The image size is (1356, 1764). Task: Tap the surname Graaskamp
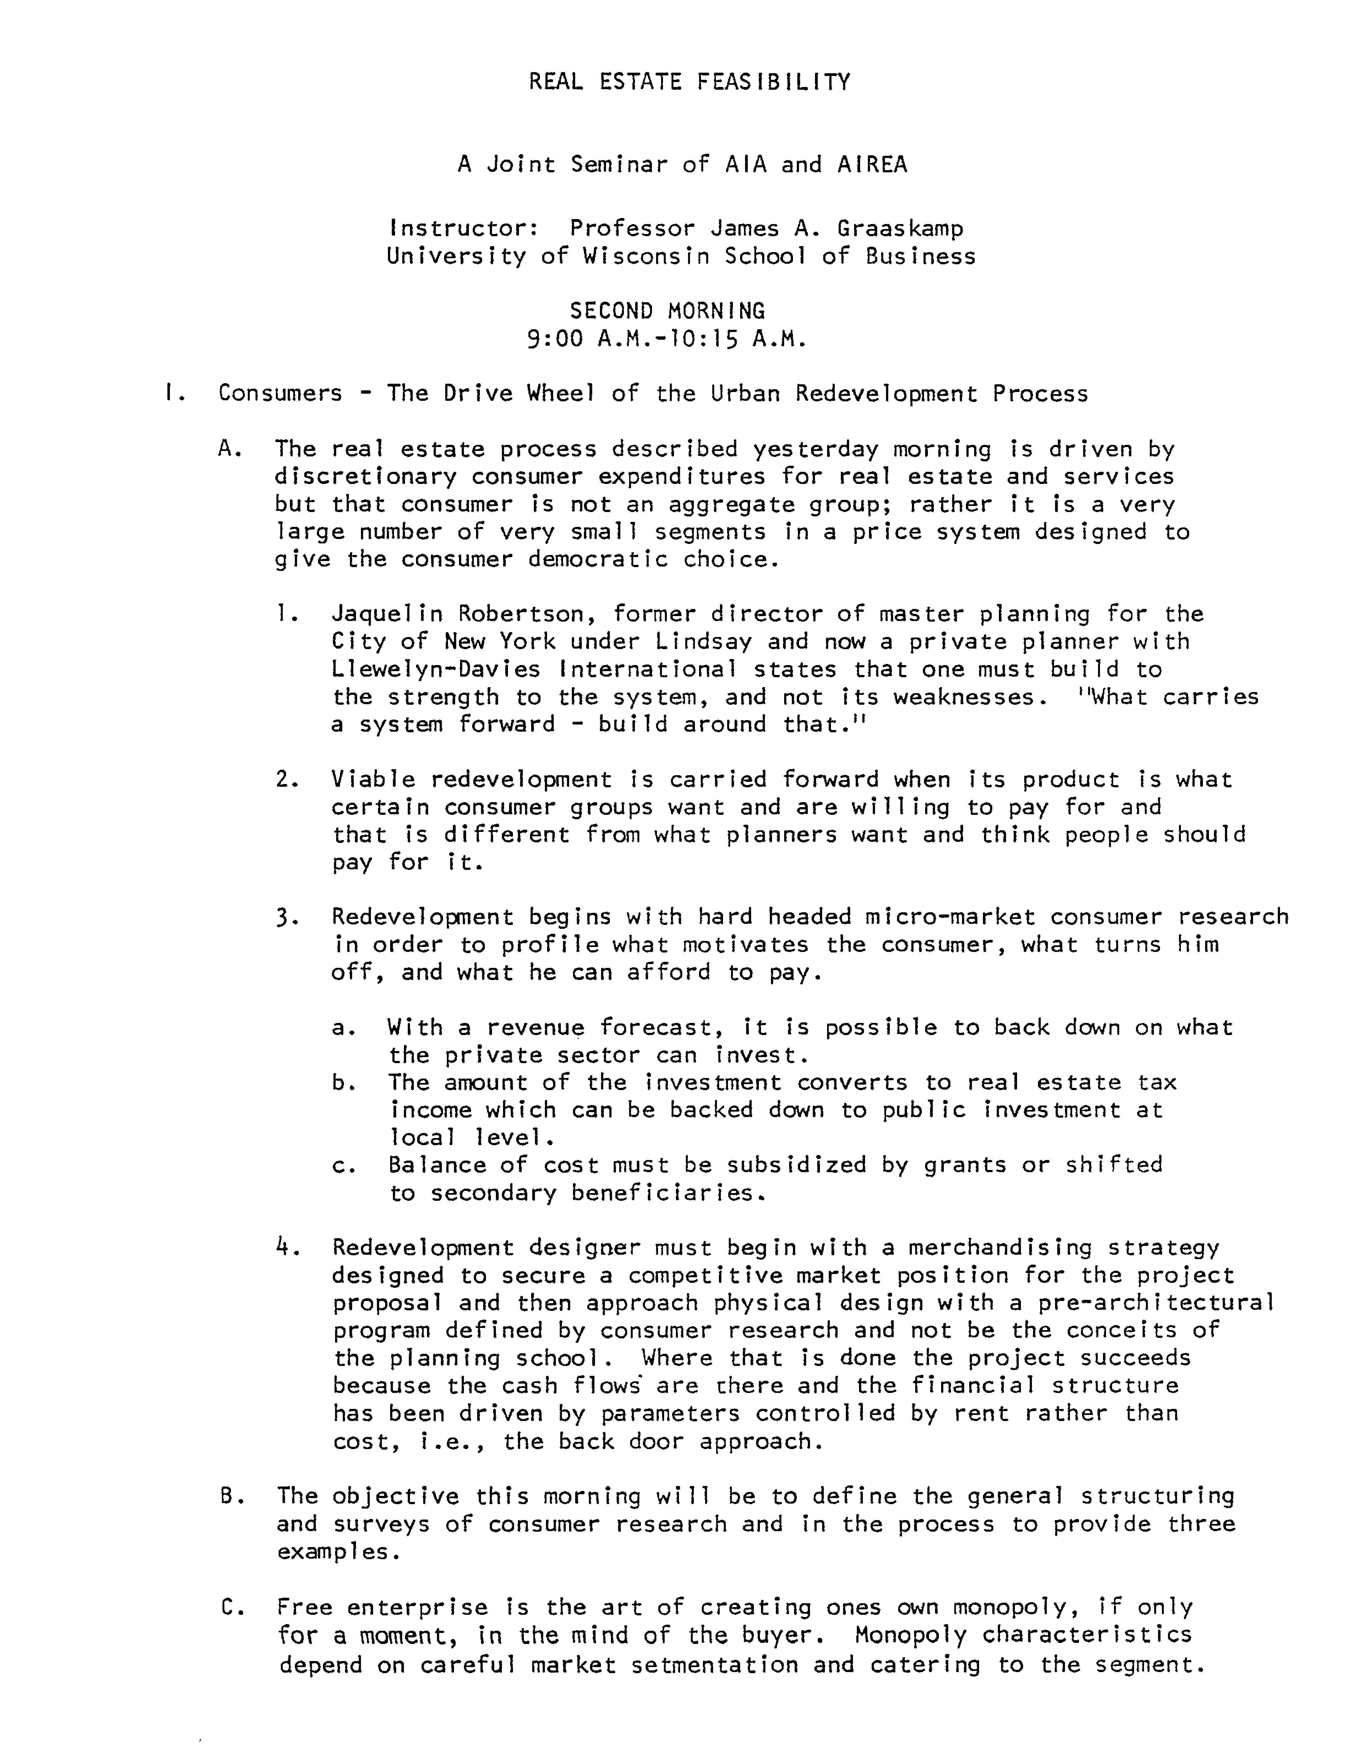[x=900, y=229]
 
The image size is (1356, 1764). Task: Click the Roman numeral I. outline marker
[x=170, y=394]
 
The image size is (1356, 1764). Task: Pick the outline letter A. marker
[x=230, y=449]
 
